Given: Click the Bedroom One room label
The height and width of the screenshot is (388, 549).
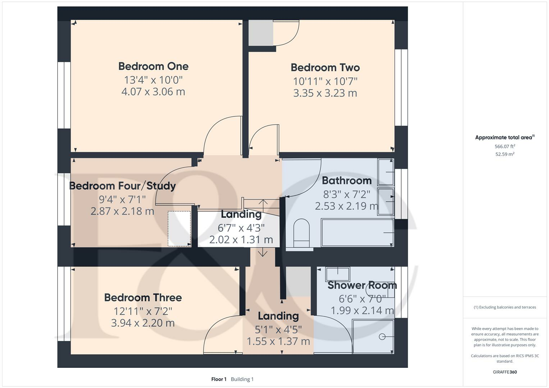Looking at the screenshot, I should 153,66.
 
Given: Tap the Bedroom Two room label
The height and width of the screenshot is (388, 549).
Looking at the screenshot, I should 325,68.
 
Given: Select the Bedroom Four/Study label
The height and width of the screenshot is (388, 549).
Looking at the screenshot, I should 122,186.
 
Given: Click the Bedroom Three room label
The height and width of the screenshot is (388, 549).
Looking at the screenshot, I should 143,298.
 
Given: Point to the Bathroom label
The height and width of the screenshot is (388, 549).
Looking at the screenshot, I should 346,181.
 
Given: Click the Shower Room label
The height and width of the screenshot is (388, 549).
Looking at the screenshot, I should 362,286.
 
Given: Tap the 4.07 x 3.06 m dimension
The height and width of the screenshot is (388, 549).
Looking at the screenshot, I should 153,92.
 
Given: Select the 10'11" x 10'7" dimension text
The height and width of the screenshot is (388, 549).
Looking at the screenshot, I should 325,81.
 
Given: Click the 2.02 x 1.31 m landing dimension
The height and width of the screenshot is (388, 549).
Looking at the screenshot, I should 241,240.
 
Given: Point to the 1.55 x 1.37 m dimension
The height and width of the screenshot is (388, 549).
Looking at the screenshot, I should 278,341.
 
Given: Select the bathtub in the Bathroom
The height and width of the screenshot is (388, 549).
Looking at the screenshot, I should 357,233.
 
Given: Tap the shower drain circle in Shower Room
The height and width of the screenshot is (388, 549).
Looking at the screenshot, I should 382,337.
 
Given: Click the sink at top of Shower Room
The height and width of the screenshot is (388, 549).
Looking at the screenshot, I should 337,274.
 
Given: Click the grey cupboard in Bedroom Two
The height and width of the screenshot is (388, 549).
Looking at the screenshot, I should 261,33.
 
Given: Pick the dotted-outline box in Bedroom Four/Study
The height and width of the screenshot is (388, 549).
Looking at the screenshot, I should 179,228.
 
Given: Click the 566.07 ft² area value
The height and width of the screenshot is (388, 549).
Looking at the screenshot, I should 505,147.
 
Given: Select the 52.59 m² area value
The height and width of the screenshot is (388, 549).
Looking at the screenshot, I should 505,154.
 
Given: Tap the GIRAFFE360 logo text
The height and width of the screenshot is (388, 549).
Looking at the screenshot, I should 505,372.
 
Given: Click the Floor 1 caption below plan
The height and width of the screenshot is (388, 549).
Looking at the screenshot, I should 219,379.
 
